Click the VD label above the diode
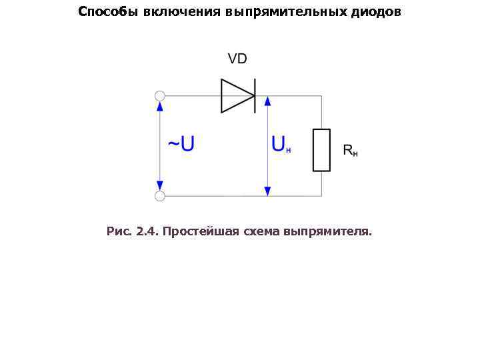[237, 59]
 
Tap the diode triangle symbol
[236, 96]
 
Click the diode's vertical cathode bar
[255, 96]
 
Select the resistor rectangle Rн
[321, 150]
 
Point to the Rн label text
[350, 151]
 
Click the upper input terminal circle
[160, 96]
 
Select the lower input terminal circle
[160, 195]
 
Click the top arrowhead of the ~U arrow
[160, 107]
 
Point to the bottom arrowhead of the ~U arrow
[160, 185]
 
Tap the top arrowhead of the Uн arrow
[267, 101]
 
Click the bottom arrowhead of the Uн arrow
[267, 191]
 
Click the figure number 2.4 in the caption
[145, 232]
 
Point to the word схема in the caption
[263, 232]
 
